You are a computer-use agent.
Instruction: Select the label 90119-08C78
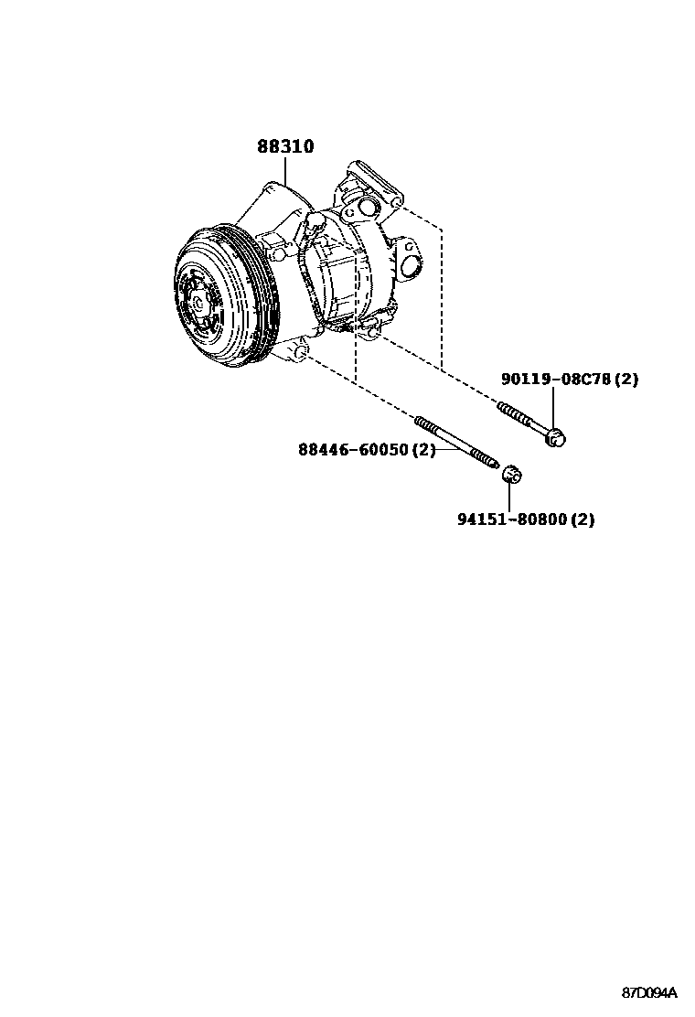click(555, 379)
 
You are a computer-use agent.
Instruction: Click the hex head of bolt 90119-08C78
click(556, 438)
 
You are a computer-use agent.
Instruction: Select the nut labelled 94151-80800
click(511, 474)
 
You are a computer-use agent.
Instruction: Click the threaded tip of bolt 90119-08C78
click(505, 405)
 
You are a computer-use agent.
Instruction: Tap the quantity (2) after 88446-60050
click(422, 450)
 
